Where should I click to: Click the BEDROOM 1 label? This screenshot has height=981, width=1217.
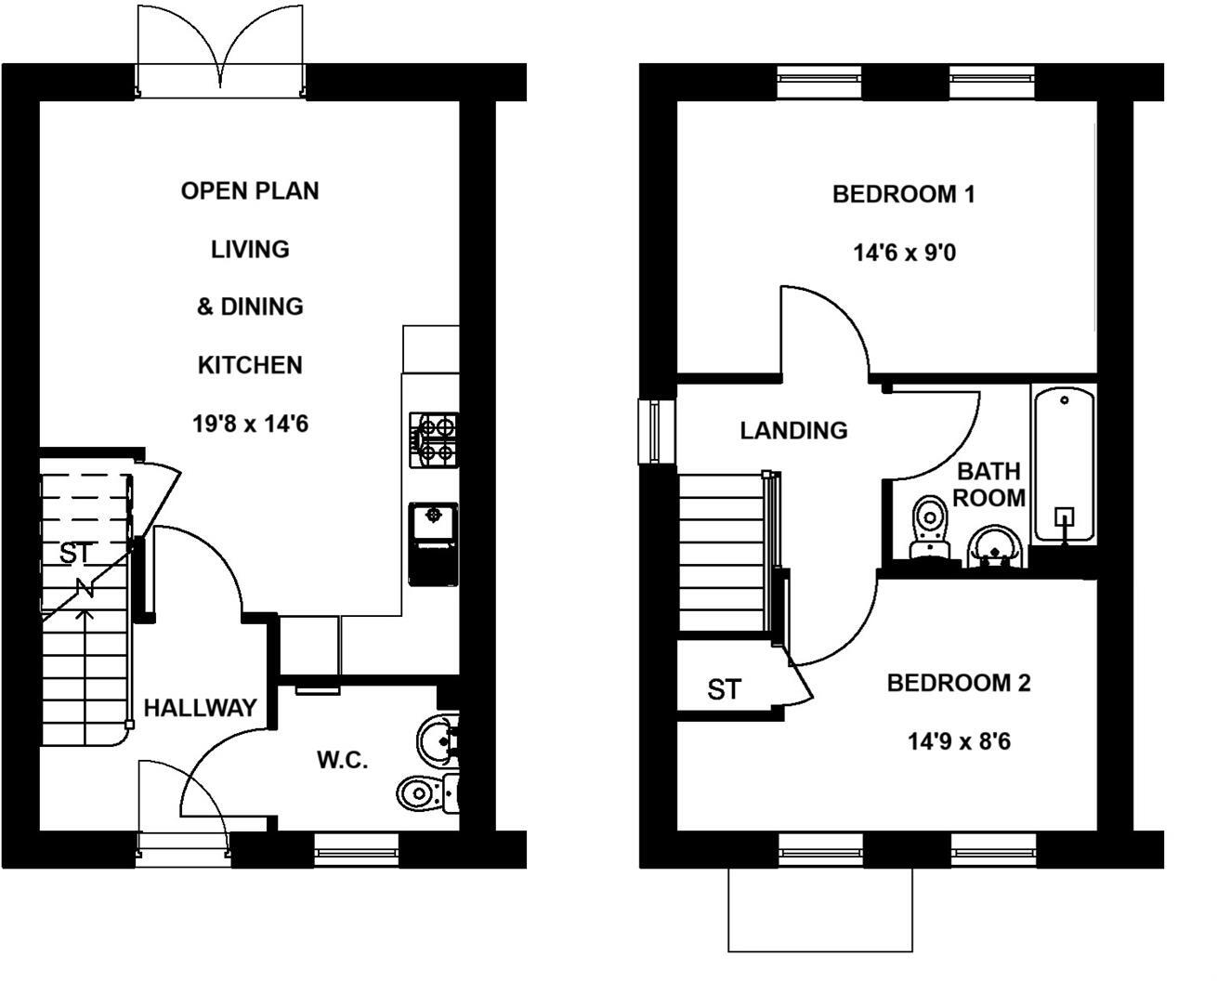(903, 194)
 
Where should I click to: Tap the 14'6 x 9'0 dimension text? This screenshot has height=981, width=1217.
(904, 253)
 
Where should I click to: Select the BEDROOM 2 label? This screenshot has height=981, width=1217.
(959, 684)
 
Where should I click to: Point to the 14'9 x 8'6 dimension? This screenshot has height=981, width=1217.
(959, 742)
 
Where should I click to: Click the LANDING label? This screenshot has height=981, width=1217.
(793, 431)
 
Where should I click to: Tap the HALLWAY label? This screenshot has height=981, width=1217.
(200, 708)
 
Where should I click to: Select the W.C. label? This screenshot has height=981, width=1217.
(343, 760)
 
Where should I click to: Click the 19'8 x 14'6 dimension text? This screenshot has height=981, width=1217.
(250, 425)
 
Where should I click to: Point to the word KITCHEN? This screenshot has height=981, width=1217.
(250, 365)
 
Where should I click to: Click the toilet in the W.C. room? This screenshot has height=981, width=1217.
(427, 792)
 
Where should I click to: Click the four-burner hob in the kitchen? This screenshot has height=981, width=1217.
(434, 439)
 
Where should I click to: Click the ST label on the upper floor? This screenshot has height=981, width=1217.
(724, 690)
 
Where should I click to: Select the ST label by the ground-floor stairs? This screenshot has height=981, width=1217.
(76, 554)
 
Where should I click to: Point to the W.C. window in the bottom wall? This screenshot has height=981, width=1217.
(356, 848)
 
